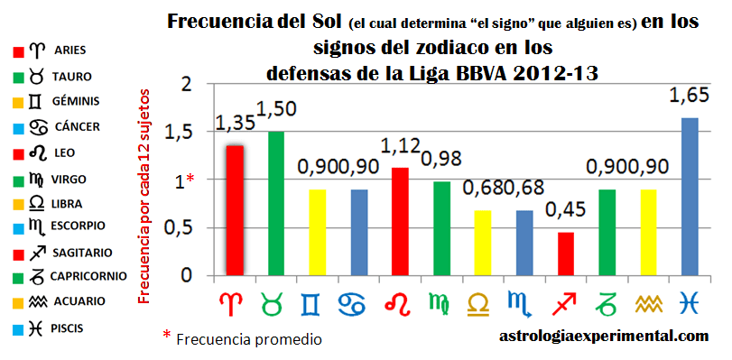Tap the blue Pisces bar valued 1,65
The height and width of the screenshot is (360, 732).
pos(690,196)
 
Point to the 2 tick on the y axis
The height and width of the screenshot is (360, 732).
pos(187,85)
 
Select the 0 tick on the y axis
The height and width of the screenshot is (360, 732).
pos(187,276)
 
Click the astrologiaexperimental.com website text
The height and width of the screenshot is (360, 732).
pos(602,337)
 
